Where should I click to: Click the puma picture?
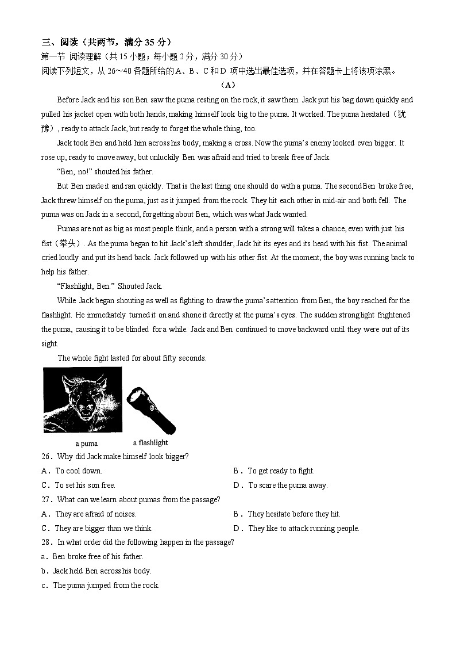[82, 400]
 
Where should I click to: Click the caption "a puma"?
[86, 444]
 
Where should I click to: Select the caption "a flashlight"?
[150, 442]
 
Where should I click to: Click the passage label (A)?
[228, 85]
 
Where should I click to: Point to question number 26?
[47, 457]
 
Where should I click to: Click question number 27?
[47, 500]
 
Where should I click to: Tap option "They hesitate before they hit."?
[293, 514]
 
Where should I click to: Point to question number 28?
[47, 542]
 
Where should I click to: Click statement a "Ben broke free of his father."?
[98, 557]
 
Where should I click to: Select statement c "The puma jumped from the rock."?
[106, 586]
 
